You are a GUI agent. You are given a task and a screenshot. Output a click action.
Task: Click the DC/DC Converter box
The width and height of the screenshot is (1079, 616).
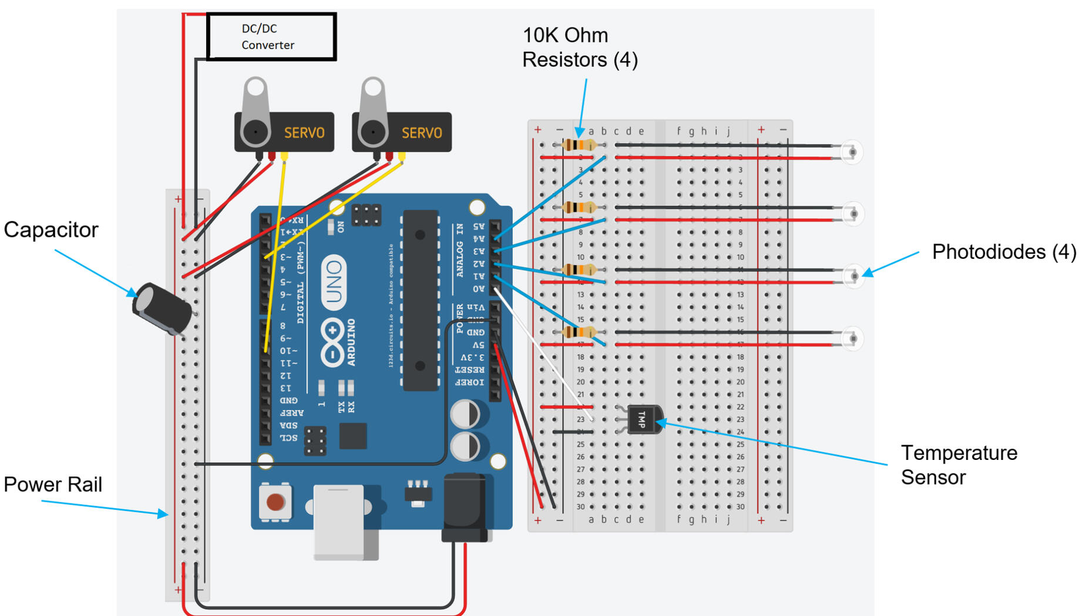pos(271,36)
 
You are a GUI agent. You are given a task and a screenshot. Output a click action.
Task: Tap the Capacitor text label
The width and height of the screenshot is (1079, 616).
pos(51,230)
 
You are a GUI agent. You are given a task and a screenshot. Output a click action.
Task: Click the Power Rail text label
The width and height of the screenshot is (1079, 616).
pos(53,485)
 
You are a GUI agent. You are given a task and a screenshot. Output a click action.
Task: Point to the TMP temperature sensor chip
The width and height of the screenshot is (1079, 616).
pos(644,419)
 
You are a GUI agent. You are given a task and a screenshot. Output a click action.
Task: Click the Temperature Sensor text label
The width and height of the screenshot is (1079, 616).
pos(959,465)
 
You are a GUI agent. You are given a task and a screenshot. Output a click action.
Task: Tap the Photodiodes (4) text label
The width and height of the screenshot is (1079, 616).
pos(1004,252)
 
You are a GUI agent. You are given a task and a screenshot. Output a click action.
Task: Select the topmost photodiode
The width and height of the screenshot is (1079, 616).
pos(852,153)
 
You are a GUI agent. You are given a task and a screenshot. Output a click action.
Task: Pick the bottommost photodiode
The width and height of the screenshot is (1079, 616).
pos(852,339)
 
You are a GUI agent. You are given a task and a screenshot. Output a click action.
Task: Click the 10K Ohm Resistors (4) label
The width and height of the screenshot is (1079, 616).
pos(580,48)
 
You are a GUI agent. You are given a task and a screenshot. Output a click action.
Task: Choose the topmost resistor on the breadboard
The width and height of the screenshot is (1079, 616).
pos(580,145)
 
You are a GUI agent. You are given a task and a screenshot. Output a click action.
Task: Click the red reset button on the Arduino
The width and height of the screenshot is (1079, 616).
pos(275,502)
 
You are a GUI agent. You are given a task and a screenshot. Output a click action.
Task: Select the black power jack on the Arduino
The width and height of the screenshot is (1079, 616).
pos(465,507)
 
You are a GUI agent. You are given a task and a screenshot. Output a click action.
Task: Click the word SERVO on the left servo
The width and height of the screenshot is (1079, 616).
pos(304,133)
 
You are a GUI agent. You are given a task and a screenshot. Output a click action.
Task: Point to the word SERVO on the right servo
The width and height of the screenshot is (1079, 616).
pos(421,133)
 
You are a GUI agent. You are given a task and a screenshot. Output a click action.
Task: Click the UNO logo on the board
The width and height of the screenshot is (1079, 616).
pos(334,282)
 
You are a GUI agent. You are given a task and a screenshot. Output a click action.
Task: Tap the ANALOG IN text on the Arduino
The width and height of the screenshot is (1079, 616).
pos(460,250)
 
